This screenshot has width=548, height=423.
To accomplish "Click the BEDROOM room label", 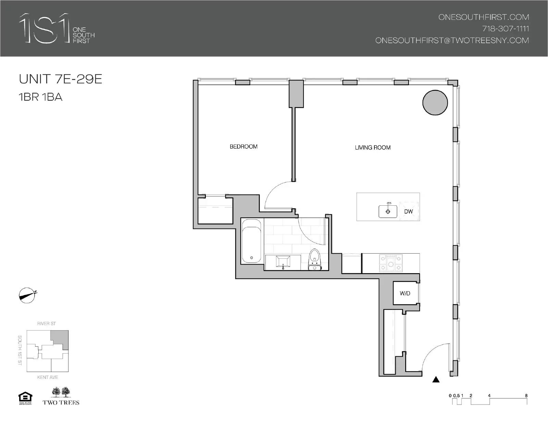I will pyautogui.click(x=244, y=146).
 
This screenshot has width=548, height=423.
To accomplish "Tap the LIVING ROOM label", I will pyautogui.click(x=373, y=148).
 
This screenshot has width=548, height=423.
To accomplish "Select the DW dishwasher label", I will pyautogui.click(x=408, y=211).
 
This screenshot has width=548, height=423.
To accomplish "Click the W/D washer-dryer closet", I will pyautogui.click(x=405, y=293).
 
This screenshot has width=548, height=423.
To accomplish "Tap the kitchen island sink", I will pyautogui.click(x=388, y=211).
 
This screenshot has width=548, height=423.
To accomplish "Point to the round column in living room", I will pyautogui.click(x=435, y=102).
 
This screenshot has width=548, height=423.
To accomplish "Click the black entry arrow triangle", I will pyautogui.click(x=436, y=379).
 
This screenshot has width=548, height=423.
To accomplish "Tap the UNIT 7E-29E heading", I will pyautogui.click(x=61, y=79).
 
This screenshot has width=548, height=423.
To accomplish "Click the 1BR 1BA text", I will pyautogui.click(x=41, y=97).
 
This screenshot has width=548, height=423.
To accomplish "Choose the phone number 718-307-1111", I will pyautogui.click(x=506, y=29).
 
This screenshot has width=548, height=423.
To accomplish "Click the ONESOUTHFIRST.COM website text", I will pyautogui.click(x=484, y=17).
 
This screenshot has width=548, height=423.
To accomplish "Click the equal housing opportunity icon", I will pyautogui.click(x=25, y=398).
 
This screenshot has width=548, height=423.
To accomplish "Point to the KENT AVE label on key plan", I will pyautogui.click(x=48, y=377).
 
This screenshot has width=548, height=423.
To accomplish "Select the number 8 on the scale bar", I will pyautogui.click(x=526, y=396).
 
